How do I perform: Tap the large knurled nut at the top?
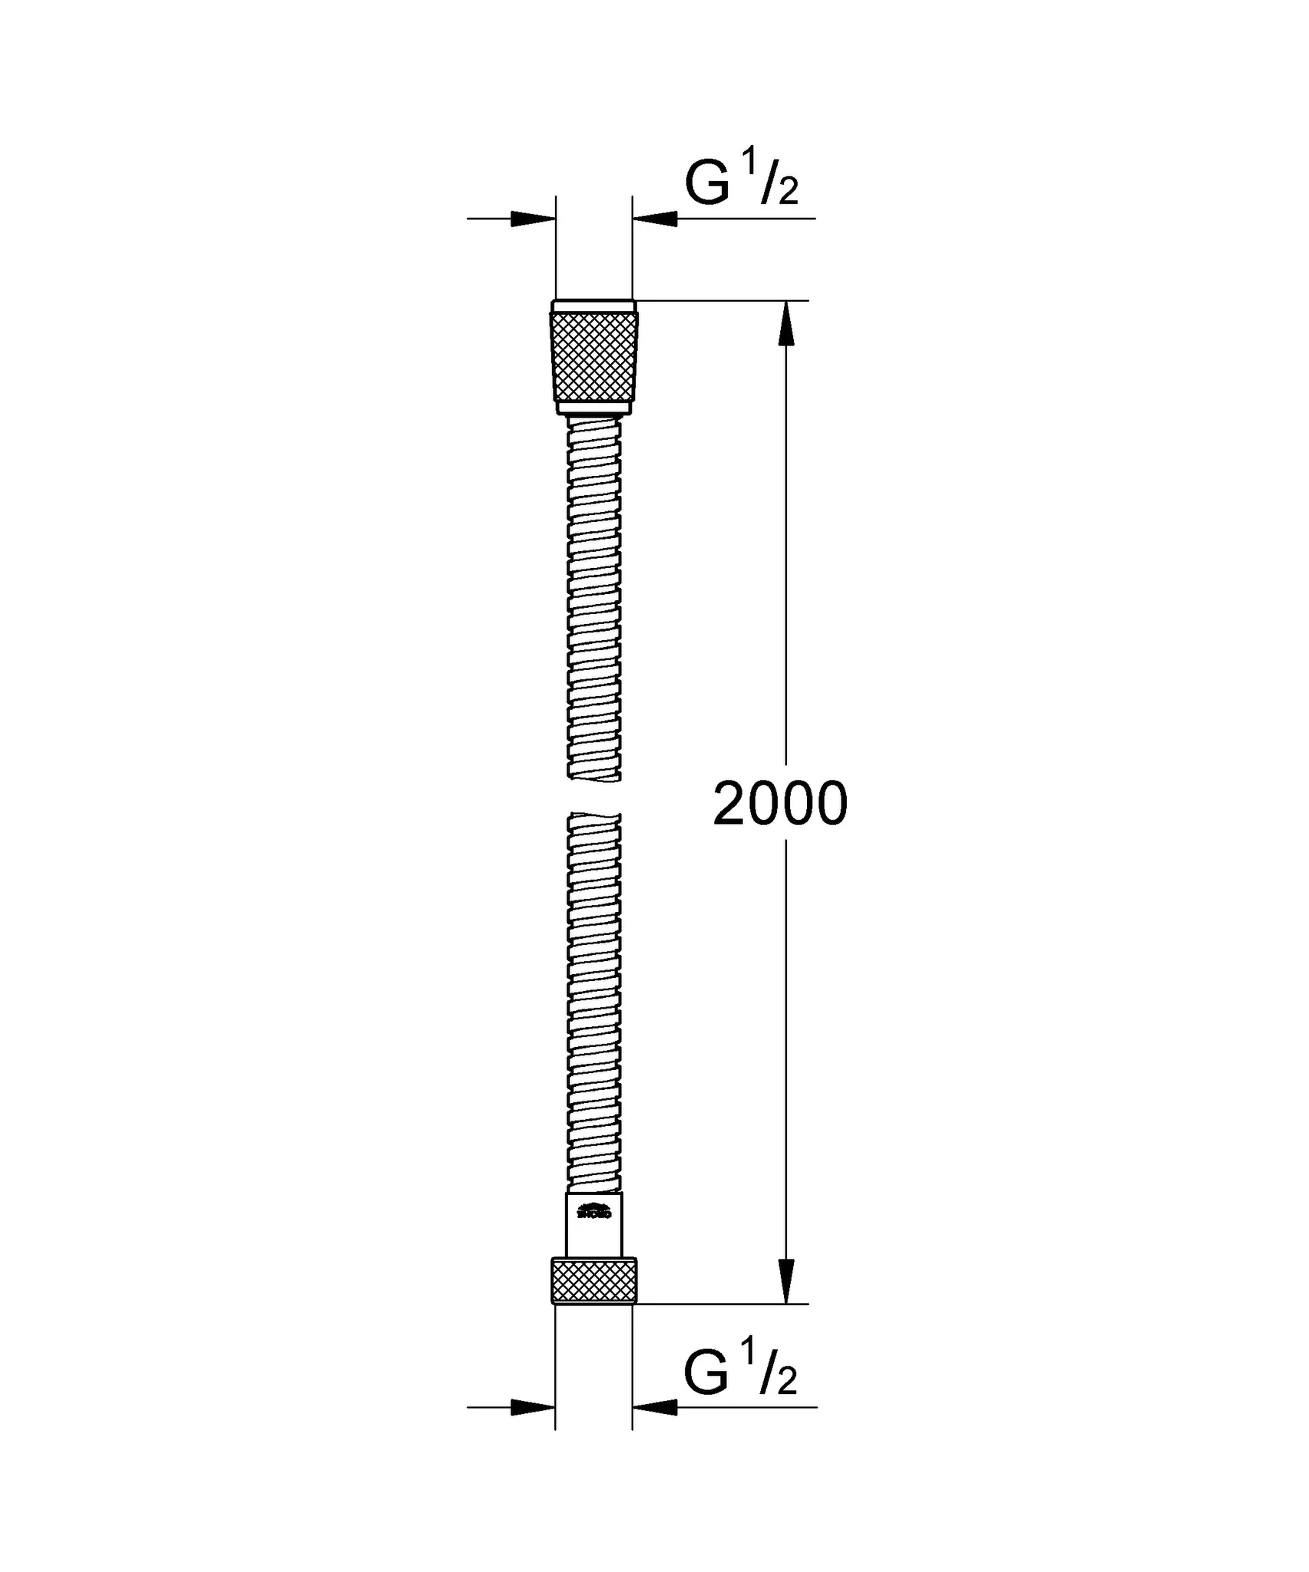(x=593, y=357)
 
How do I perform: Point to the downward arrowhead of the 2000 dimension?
(x=785, y=1280)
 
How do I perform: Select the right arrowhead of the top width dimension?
(x=655, y=219)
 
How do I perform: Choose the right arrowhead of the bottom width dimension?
(x=655, y=1408)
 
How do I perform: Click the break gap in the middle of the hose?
(x=593, y=797)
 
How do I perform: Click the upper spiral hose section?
(x=593, y=599)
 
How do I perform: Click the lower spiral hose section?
(x=593, y=998)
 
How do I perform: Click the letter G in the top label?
(x=706, y=185)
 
